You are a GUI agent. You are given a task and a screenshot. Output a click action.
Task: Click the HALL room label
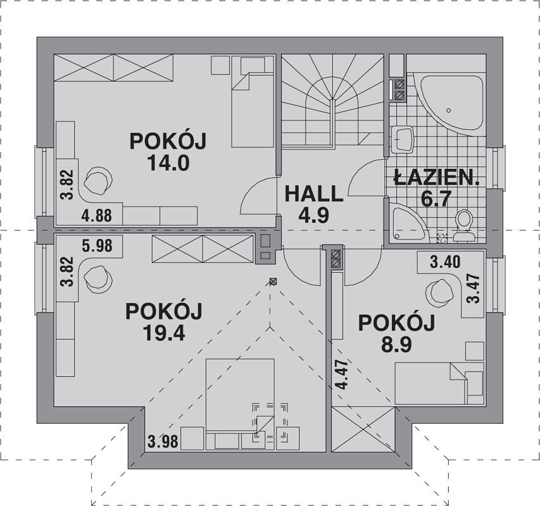(x=314, y=194)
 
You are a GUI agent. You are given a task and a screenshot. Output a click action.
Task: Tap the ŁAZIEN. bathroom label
(x=437, y=178)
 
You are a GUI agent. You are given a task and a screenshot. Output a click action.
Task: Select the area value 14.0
(x=168, y=163)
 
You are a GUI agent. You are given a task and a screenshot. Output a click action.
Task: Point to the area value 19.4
(x=164, y=333)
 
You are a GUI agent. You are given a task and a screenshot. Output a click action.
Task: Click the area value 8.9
(x=396, y=345)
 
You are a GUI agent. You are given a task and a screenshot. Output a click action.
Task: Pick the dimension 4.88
(x=97, y=216)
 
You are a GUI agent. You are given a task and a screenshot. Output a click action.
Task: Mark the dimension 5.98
(x=97, y=245)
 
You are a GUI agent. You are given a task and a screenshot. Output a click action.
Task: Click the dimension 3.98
(x=163, y=441)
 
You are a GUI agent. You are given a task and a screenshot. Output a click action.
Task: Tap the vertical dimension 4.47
(x=342, y=374)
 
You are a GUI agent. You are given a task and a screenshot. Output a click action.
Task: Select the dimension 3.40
(x=445, y=262)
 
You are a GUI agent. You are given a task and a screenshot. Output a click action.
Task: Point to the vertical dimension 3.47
(x=473, y=288)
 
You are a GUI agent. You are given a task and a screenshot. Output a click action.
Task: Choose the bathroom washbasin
(x=402, y=140)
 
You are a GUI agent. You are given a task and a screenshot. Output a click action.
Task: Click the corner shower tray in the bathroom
(x=406, y=222)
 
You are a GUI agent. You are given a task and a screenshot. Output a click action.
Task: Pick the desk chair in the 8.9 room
(x=440, y=293)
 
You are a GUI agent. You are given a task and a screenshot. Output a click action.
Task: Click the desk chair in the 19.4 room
(x=99, y=280)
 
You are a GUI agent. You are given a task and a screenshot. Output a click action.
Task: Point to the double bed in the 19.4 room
(x=240, y=404)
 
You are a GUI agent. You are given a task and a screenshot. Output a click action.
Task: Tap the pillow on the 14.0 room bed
(x=253, y=65)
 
